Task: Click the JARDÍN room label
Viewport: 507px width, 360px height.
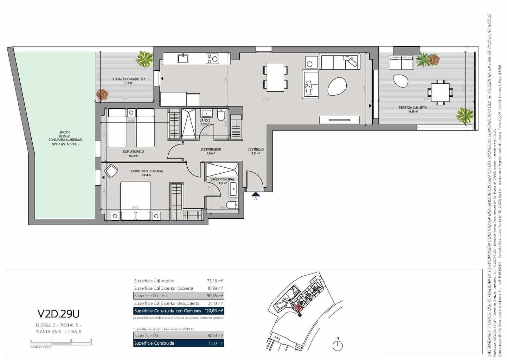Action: [x=64, y=132]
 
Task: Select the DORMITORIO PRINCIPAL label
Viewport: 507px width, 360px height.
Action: [x=146, y=171]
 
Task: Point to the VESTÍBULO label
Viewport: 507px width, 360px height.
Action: [x=255, y=149]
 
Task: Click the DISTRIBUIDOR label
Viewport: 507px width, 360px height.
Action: [x=211, y=149]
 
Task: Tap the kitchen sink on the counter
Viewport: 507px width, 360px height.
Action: [x=183, y=58]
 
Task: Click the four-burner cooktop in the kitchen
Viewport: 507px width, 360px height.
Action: [x=212, y=58]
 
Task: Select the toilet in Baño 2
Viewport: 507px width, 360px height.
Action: [x=221, y=114]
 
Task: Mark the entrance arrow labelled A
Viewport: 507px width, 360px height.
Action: [x=255, y=194]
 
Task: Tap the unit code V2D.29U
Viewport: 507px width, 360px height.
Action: [x=59, y=314]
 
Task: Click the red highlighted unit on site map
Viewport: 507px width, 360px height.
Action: [x=297, y=306]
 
